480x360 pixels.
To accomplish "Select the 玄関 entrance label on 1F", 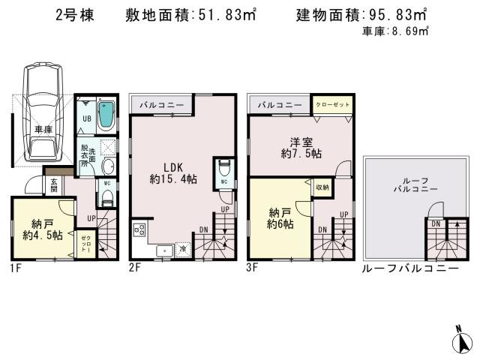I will click(x=54, y=184).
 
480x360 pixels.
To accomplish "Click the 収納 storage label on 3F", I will click(x=321, y=187).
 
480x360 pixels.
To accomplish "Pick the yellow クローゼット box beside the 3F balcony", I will click(x=331, y=105).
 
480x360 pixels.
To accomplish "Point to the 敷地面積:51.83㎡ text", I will click(x=191, y=14).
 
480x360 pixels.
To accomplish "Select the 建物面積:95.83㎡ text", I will click(x=361, y=14).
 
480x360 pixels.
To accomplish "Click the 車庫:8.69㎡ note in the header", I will click(x=394, y=31).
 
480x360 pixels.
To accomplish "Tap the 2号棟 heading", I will click(x=74, y=15).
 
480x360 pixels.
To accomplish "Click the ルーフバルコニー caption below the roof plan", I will click(x=409, y=268).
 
